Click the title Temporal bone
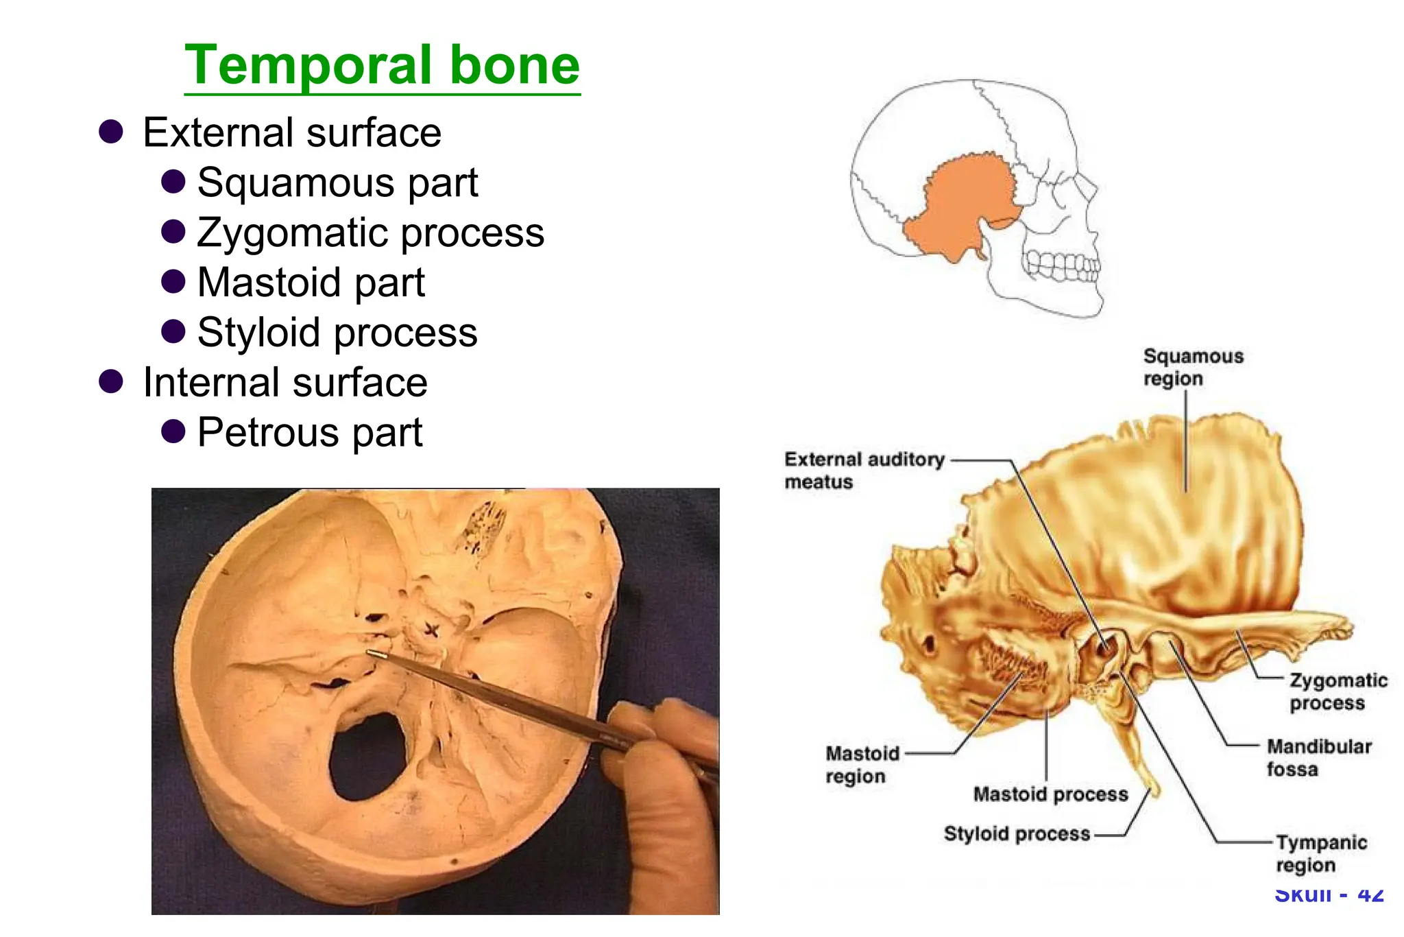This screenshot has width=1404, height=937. (382, 65)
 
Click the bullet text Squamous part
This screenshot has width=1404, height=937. (337, 182)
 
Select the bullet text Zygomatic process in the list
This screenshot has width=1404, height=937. (370, 233)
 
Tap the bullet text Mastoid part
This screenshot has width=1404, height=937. (311, 283)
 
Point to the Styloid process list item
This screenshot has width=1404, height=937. (337, 333)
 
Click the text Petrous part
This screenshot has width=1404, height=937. (310, 433)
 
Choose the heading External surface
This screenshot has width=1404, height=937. (292, 132)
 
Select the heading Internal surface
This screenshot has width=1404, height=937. (285, 383)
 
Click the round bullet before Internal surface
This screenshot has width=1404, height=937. (110, 381)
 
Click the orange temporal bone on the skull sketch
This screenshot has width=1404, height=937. (960, 206)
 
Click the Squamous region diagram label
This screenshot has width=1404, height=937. (1192, 368)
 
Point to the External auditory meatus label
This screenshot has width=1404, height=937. (864, 470)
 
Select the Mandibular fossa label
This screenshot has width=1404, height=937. (1318, 757)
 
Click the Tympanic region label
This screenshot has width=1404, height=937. (1320, 853)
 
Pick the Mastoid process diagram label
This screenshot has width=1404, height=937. (1050, 794)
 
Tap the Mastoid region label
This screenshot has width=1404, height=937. (862, 765)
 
